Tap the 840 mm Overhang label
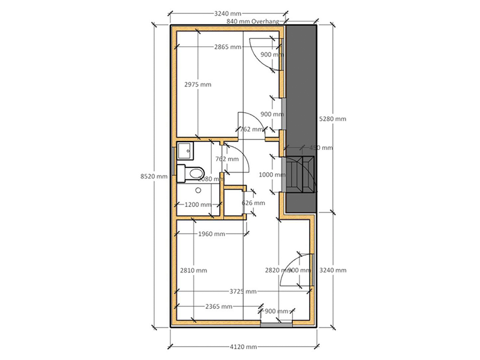[x=256, y=21]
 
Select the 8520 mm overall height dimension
[x=149, y=176]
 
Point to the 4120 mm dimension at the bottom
[x=242, y=347]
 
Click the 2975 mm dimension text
[x=197, y=85]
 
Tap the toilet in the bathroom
[x=191, y=172]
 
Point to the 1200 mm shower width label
[x=198, y=205]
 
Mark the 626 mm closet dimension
[x=253, y=203]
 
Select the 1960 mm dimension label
[x=211, y=234]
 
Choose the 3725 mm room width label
[x=242, y=292]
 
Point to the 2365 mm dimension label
[x=218, y=306]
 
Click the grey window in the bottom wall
[x=277, y=324]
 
